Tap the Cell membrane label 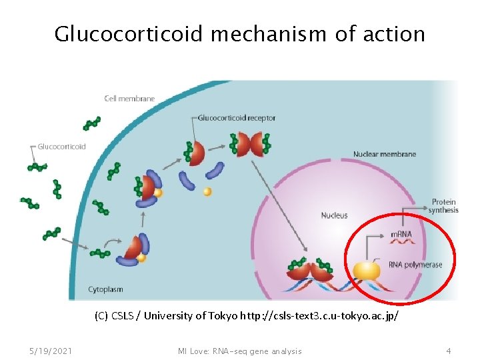(129, 99)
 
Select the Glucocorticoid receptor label (237, 119)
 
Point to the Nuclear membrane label (384, 154)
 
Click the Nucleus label (334, 215)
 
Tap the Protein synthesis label (443, 206)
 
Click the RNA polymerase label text (415, 265)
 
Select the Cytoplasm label (106, 289)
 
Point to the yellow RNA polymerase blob (367, 270)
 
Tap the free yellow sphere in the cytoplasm (207, 192)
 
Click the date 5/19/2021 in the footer (52, 351)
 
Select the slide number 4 (449, 351)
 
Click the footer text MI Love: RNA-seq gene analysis (239, 351)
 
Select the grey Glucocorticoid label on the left (61, 147)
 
